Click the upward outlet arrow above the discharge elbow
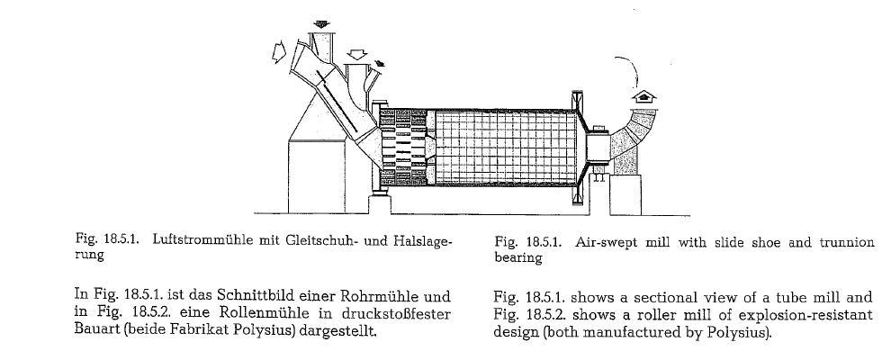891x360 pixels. tap(643, 96)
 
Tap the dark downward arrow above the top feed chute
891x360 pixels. tap(322, 23)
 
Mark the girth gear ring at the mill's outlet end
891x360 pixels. tap(578, 148)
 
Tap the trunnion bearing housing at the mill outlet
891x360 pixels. tap(597, 148)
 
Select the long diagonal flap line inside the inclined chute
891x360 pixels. tap(337, 103)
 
